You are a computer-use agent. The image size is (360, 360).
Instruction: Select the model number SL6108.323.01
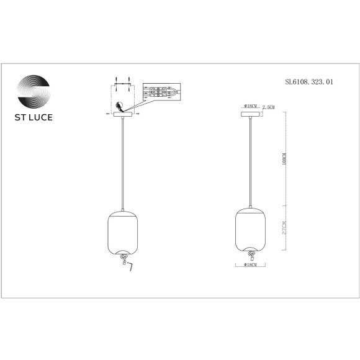click(308, 81)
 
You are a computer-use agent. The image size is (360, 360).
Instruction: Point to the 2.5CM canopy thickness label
click(269, 107)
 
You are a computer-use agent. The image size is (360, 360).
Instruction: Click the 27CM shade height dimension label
click(284, 228)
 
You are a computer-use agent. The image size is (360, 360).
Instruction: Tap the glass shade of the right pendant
click(251, 230)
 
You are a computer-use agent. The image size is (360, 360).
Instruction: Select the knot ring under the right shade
click(251, 253)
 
